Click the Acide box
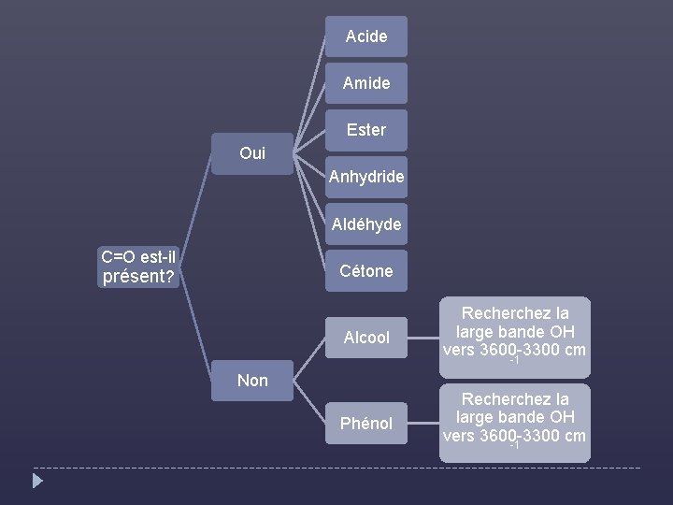(x=365, y=36)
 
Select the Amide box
(x=365, y=83)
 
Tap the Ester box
(x=365, y=130)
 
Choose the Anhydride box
(x=365, y=176)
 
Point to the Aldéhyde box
(x=365, y=224)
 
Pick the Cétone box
(x=365, y=270)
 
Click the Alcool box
(x=365, y=338)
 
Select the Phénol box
(x=365, y=424)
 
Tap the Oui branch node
(x=251, y=153)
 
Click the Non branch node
(x=251, y=380)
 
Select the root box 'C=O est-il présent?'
(x=139, y=267)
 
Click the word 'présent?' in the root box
(x=139, y=277)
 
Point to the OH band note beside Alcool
(x=515, y=331)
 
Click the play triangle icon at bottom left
(x=37, y=481)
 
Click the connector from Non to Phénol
(x=308, y=402)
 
